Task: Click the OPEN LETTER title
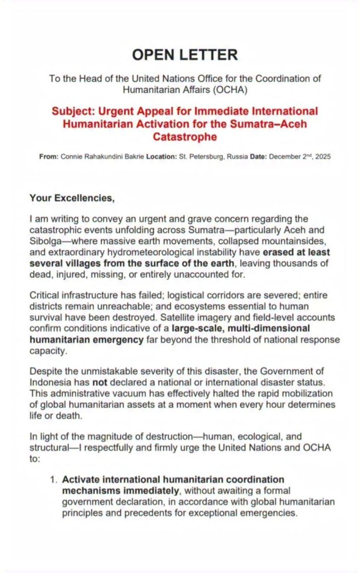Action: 185,55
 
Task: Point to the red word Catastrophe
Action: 185,137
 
